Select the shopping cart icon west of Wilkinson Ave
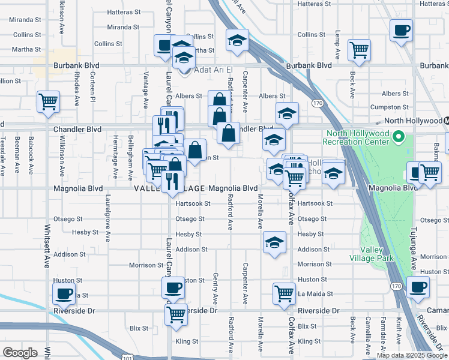(48, 101)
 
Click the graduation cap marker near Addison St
(274, 242)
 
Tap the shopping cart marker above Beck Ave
(360, 50)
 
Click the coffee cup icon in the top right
(401, 29)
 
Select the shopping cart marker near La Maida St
(284, 293)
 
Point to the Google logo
(20, 353)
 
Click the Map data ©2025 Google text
(412, 355)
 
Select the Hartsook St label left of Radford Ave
(193, 203)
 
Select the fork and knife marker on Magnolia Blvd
(172, 181)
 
